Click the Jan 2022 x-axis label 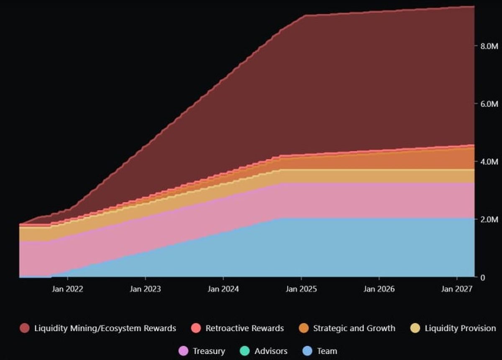[67, 289]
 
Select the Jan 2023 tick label [145, 289]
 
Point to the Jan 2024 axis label [223, 289]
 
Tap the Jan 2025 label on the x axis [301, 289]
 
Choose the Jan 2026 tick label [379, 289]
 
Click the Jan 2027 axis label [457, 289]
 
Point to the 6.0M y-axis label [488, 104]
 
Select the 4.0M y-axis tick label [488, 162]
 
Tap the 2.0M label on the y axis [488, 219]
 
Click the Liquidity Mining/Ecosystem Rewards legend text [105, 328]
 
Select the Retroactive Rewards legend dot [196, 328]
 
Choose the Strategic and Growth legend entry [354, 328]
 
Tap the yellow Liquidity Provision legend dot [415, 328]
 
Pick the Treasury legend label [209, 351]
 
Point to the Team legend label [327, 351]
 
